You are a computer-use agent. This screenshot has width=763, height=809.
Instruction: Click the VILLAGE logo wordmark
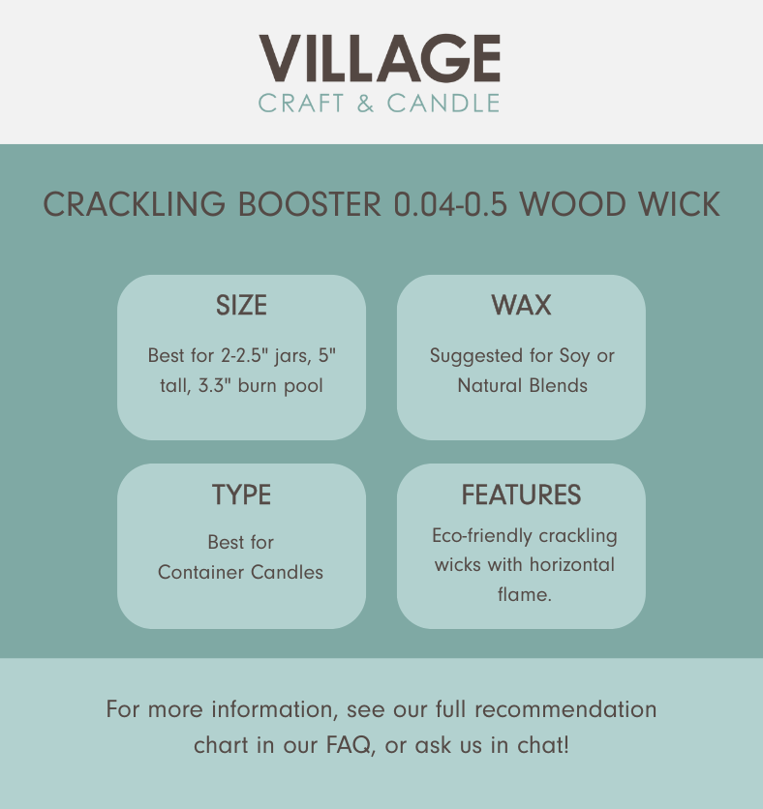click(x=380, y=58)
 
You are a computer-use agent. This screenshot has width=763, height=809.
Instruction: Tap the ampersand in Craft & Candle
click(x=365, y=104)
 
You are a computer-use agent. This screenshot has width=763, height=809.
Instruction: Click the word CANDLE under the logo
click(x=443, y=104)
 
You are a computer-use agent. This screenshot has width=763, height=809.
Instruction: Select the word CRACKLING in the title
click(x=135, y=204)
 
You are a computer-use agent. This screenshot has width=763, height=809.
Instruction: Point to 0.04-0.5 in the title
click(x=450, y=204)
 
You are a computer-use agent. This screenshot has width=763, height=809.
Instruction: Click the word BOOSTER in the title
click(x=309, y=204)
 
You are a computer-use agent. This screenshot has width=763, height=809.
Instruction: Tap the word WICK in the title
click(x=679, y=204)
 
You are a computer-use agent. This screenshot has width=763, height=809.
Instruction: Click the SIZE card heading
click(x=242, y=305)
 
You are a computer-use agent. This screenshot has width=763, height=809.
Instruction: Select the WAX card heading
click(x=521, y=305)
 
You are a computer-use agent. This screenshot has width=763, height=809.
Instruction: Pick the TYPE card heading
click(x=242, y=494)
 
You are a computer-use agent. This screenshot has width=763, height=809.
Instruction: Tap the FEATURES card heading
click(x=521, y=494)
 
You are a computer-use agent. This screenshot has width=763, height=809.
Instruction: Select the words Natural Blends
click(x=523, y=385)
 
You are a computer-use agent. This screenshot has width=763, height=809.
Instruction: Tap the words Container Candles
click(x=240, y=572)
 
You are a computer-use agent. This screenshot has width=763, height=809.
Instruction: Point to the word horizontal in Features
click(x=572, y=564)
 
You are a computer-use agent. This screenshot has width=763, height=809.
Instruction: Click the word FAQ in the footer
click(x=349, y=745)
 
